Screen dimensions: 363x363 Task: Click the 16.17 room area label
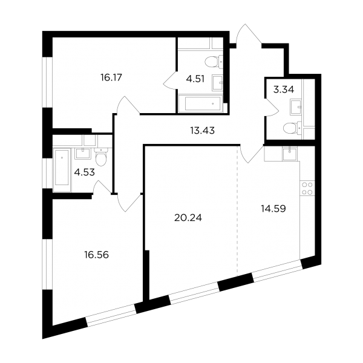pos(111,77)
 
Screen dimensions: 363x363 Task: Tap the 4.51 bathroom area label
pos(195,79)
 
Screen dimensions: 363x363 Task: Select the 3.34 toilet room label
pos(284,90)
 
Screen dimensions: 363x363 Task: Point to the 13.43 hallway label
pos(203,131)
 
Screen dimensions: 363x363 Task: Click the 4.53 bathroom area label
pos(85,172)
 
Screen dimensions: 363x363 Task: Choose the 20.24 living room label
pos(188,218)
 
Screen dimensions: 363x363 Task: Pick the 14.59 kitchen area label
pos(273,209)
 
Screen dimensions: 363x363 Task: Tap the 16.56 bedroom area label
pos(97,255)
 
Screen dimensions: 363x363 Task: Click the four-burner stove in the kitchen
pos(307,188)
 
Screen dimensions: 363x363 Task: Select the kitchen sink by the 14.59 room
pos(289,154)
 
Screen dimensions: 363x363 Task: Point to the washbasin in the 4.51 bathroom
pos(217,83)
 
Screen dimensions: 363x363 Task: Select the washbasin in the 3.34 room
pos(296,107)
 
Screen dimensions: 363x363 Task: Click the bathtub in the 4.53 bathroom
pos(62,170)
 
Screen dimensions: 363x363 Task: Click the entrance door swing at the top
pos(249,34)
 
